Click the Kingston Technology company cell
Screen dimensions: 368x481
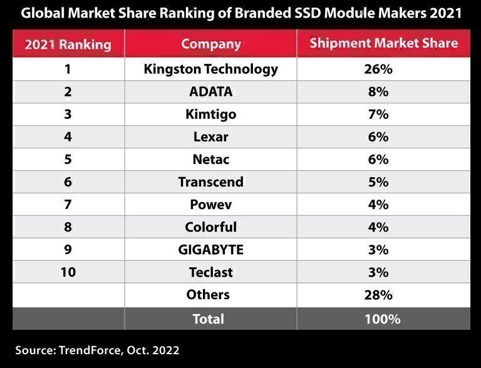(x=210, y=69)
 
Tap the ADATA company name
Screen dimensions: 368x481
(x=210, y=92)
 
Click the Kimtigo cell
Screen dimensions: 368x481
(x=210, y=115)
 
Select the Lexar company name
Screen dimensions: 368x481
(x=210, y=137)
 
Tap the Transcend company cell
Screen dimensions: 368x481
(x=210, y=182)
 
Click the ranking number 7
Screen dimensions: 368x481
(x=68, y=205)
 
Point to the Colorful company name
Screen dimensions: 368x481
(x=210, y=227)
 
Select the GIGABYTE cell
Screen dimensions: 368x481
(x=210, y=250)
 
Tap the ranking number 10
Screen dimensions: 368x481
(x=68, y=272)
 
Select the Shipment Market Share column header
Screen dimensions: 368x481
(x=384, y=44)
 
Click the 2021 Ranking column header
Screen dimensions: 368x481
(x=68, y=44)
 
